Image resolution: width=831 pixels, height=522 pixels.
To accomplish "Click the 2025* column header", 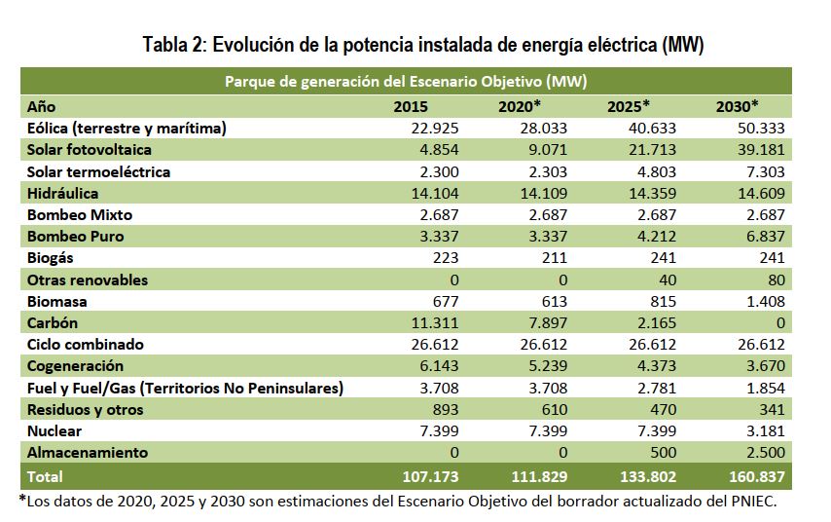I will (x=628, y=106).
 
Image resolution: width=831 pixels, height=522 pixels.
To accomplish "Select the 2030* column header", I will (x=737, y=106).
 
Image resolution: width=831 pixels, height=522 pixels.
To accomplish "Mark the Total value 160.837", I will (x=754, y=477).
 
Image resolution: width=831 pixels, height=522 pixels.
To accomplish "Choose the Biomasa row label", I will (x=57, y=302).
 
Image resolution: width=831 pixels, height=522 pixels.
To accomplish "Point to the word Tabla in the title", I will (x=166, y=45).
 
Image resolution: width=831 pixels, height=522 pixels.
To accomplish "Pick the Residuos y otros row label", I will (x=86, y=410).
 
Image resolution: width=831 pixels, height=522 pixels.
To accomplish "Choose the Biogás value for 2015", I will (x=443, y=258).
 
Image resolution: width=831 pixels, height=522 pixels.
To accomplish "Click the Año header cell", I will (x=43, y=106).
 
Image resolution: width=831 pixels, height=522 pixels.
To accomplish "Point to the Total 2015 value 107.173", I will (x=428, y=477).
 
